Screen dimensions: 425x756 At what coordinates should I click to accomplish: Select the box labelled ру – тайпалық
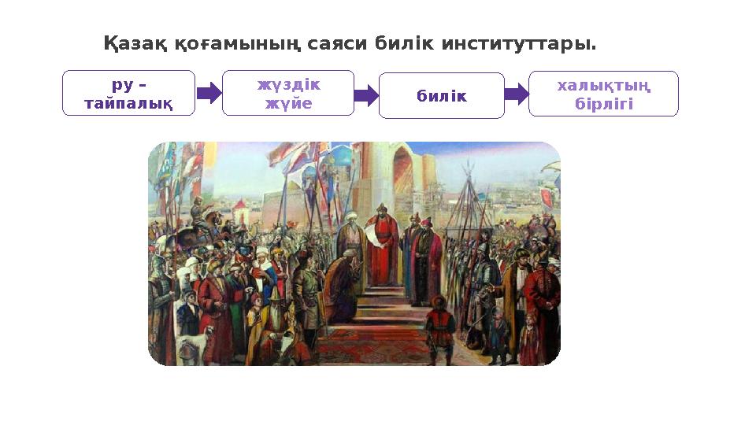[128, 93]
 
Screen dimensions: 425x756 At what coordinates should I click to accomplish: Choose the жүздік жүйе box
[288, 93]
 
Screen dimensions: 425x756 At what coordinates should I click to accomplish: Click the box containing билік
[441, 96]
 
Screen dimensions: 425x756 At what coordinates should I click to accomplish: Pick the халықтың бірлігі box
[603, 94]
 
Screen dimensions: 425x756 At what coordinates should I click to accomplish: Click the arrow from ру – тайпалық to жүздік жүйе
[209, 94]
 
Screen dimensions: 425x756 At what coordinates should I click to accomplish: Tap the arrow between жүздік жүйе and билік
[367, 96]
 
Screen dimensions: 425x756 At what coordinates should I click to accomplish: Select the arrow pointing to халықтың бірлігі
[517, 94]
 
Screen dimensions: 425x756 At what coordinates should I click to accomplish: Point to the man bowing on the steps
[339, 279]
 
